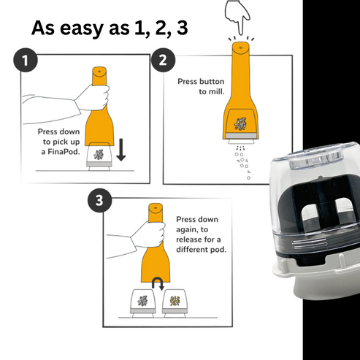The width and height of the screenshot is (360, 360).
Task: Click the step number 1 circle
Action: point(26,60)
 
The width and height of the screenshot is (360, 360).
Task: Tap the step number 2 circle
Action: point(163,60)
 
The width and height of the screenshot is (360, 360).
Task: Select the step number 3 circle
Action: point(100,200)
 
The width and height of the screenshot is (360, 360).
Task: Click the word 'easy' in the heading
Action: point(82,28)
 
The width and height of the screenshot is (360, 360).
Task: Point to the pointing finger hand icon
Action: point(237,16)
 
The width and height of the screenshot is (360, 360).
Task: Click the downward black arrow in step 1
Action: point(121,150)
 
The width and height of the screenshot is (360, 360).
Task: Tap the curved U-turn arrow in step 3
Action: point(158,283)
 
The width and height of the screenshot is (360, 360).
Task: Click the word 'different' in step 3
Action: point(192,250)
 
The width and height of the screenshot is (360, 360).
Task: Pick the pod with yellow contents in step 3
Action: point(175,303)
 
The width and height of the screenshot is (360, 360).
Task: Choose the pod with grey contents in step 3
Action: point(142,303)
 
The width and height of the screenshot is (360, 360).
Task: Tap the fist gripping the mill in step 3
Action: point(148,234)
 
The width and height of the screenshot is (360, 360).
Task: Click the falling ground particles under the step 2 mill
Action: point(242,162)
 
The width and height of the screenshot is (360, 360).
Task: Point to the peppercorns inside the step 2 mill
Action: point(240,123)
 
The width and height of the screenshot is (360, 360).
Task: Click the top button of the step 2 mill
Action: point(240,46)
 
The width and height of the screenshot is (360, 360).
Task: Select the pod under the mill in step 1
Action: point(99,156)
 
